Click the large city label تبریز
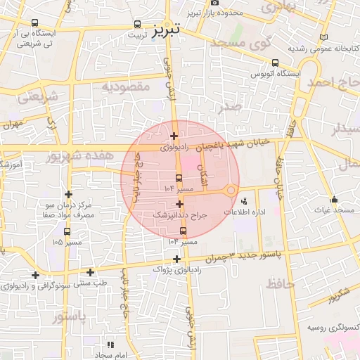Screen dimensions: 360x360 167,29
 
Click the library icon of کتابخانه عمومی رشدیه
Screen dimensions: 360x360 323,37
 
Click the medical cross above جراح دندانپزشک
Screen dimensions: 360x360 180,203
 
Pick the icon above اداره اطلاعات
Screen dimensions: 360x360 244,202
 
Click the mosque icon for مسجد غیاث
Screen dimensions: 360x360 334,199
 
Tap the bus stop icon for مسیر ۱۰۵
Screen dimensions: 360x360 67,231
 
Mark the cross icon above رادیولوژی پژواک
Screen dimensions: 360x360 176,259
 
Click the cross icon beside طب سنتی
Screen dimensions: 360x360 90,272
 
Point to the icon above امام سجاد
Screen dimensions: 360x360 110,345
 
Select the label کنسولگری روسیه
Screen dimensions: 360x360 332,328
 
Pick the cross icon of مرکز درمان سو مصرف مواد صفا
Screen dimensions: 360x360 68,194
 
